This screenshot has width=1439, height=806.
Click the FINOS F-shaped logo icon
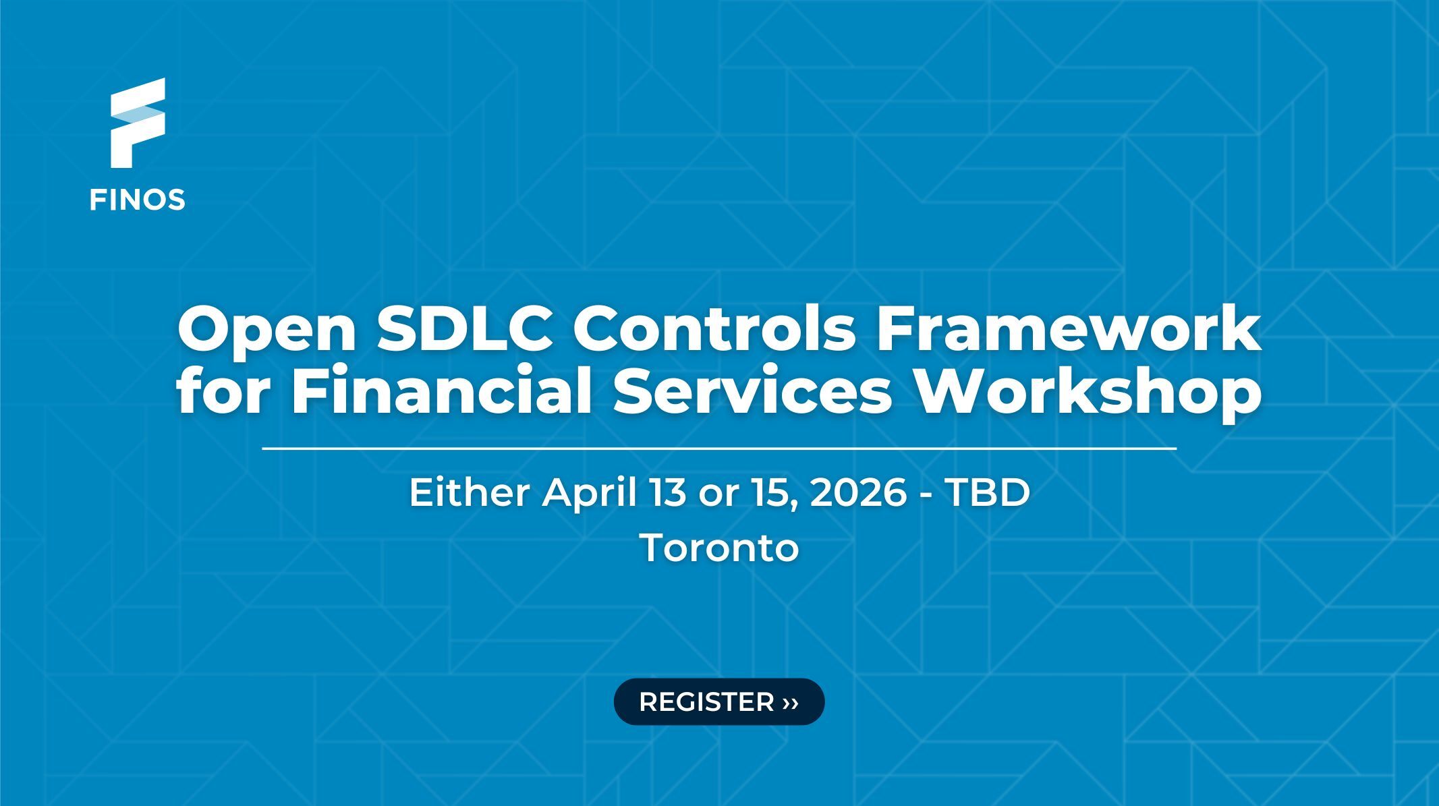138,122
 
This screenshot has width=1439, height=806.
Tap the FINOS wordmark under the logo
138,200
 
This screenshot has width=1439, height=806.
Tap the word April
590,494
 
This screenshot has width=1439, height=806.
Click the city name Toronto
719,548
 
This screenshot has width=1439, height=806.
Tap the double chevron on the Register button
791,703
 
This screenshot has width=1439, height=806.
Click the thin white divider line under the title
719,448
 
